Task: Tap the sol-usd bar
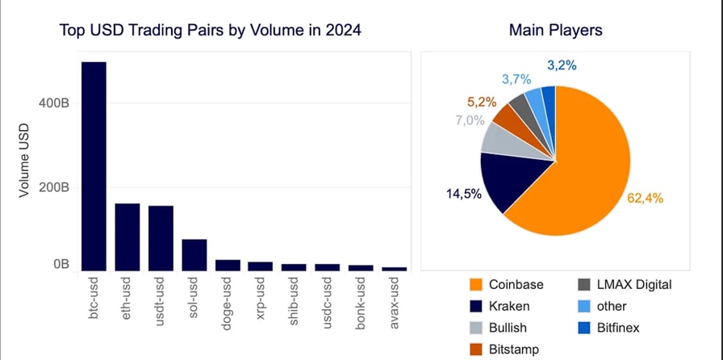coord(194,254)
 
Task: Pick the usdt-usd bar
coord(161,238)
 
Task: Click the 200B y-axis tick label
coord(53,187)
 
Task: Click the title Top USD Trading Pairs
coord(210,31)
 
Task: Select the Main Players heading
coord(556,31)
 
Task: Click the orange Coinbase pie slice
coord(581,161)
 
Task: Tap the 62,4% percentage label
coord(646,197)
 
